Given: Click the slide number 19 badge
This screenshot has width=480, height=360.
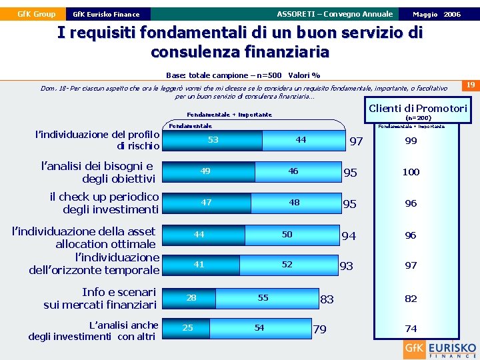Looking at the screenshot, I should [x=470, y=85].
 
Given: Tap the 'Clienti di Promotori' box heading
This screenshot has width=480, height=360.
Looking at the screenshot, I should [x=418, y=109].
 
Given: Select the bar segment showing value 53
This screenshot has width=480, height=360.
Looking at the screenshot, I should [x=213, y=140].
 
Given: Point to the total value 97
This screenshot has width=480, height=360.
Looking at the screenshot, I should [x=356, y=141].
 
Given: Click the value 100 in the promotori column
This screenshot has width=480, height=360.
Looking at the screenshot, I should [x=411, y=172].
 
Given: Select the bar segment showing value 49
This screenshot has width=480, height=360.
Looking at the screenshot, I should [x=205, y=171].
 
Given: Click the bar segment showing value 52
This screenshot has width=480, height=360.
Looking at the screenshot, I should [x=287, y=265].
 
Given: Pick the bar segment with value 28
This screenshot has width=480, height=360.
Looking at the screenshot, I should [x=191, y=297].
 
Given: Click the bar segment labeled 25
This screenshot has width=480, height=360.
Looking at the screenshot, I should [x=188, y=327].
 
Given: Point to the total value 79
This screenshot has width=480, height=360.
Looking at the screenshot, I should [x=320, y=329].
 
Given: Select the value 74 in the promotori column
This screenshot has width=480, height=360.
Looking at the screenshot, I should [x=411, y=329].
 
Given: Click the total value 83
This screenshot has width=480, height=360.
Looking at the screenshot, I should [x=327, y=300].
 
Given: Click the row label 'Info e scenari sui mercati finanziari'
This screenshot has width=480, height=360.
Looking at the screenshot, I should [x=100, y=298].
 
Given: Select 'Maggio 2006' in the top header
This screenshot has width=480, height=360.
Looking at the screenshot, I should [x=436, y=14].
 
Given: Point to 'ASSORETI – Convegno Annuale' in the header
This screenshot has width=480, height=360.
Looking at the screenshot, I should [x=335, y=14].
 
